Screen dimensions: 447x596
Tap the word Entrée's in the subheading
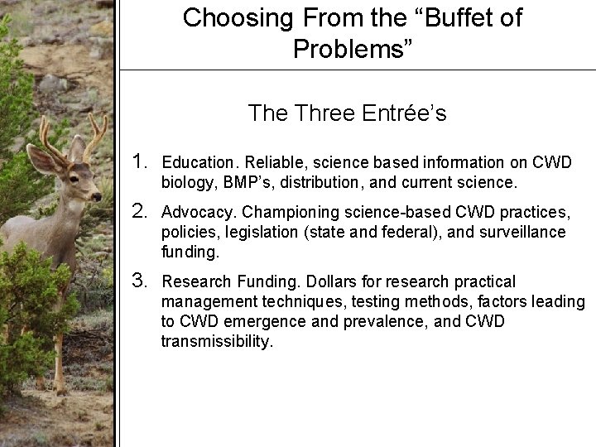(406, 113)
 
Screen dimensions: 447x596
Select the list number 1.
(142, 161)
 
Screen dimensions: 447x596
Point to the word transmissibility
(216, 341)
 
